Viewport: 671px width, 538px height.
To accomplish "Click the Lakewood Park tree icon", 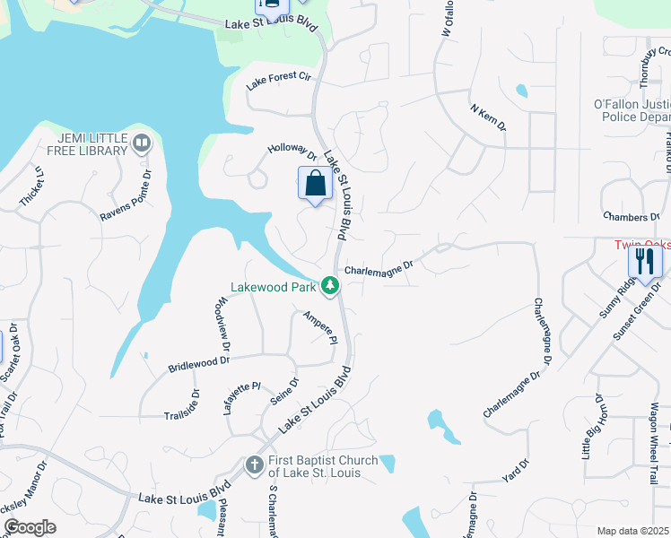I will click(331, 287).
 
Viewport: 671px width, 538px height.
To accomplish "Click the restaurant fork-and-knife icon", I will click(645, 261).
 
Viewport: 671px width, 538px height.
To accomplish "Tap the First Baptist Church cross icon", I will click(254, 465).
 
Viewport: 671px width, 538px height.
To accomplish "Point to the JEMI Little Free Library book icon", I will click(141, 143).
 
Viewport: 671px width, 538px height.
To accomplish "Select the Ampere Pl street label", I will click(319, 328).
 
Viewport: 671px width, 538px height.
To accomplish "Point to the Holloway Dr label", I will click(293, 152).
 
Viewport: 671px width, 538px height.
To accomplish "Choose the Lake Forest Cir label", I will click(278, 82).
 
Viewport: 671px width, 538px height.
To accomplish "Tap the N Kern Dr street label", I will click(488, 117).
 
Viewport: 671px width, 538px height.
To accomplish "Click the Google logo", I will click(29, 527).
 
